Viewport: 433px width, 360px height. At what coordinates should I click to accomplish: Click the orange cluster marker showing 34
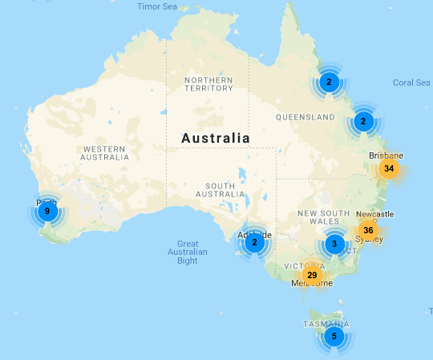tap(389, 168)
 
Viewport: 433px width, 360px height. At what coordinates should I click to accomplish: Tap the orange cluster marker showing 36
tap(368, 229)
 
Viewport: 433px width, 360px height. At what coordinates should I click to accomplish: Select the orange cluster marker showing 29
tap(312, 275)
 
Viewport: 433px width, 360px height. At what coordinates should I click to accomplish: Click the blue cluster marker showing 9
tap(47, 212)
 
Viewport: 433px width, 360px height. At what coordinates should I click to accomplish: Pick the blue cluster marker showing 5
tap(334, 336)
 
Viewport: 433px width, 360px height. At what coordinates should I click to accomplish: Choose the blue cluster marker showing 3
tap(334, 244)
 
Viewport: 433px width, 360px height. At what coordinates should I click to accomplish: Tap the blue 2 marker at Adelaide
tap(254, 242)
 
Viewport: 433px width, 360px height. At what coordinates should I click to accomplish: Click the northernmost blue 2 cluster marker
tap(328, 81)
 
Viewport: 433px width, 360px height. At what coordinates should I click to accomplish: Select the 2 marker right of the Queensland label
tap(363, 122)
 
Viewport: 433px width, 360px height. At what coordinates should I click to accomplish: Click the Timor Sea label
tap(156, 6)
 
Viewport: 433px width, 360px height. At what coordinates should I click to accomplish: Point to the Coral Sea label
tap(412, 83)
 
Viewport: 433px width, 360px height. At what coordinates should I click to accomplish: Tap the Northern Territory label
tap(208, 85)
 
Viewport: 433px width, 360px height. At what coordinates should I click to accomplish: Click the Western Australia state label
tap(105, 153)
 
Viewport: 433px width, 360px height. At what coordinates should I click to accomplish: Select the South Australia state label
tap(219, 190)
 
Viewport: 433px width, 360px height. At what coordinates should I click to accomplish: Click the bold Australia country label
tap(216, 138)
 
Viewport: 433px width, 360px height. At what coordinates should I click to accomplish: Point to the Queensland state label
tap(305, 117)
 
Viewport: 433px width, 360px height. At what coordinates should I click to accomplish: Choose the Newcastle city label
tap(376, 214)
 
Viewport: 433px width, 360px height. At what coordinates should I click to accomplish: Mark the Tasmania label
tap(326, 323)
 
